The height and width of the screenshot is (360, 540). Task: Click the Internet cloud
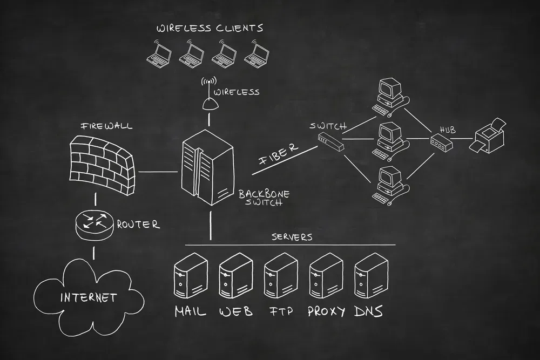89,297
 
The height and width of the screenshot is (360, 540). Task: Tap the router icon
94,225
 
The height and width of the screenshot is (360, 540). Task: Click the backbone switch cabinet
208,167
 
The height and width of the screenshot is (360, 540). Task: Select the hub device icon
441,142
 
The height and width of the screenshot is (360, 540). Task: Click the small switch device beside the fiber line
330,141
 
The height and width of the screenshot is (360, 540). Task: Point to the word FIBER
278,153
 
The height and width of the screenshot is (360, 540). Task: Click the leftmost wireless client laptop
159,53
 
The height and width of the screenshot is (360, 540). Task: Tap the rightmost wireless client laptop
256,53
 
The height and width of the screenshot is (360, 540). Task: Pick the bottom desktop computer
390,186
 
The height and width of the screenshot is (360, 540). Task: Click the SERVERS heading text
292,237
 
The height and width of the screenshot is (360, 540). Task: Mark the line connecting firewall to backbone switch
158,171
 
